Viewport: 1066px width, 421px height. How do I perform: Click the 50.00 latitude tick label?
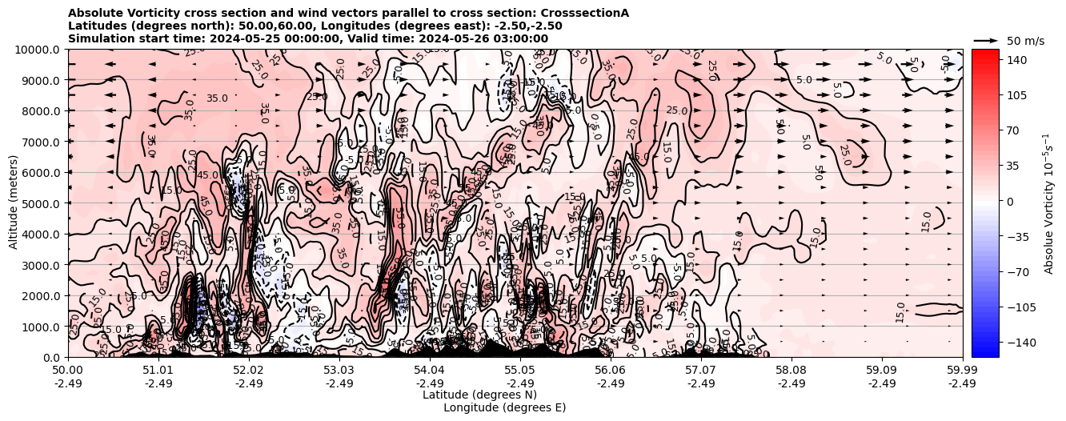click(68, 370)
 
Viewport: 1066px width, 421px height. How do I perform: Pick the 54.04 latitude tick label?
click(430, 370)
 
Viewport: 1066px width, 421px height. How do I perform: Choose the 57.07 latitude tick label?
click(701, 370)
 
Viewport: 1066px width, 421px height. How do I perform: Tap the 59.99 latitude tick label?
click(962, 370)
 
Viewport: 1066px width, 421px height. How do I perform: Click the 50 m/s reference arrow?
click(986, 40)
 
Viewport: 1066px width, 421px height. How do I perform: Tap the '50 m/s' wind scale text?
click(1025, 41)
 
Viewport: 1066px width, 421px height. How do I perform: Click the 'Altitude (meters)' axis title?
click(14, 203)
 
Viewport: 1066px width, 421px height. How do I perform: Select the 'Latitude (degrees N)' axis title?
click(479, 395)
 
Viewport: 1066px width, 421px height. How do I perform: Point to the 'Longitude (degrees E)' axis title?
click(504, 407)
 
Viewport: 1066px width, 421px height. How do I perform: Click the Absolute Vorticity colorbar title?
click(1048, 203)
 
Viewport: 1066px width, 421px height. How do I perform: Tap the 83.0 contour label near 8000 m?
click(217, 98)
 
